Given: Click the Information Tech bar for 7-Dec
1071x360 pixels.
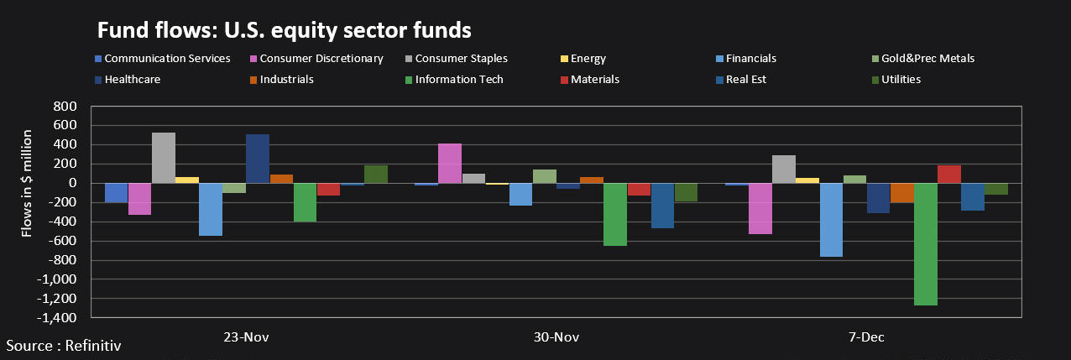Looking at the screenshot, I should coord(925,244).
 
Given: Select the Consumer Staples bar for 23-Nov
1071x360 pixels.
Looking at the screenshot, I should coord(163,158).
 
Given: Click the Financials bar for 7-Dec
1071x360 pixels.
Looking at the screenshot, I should coord(831,220).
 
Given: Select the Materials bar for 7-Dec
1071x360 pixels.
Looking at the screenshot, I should coord(948,175).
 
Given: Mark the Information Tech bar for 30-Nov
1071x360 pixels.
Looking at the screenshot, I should coord(615,214).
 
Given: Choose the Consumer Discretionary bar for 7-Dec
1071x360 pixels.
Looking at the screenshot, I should coord(760,208).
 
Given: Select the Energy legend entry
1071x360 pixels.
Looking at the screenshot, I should coord(588,59).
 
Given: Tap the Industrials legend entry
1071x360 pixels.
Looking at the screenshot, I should coord(286,80).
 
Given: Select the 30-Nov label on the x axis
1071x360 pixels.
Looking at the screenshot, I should coord(556,337).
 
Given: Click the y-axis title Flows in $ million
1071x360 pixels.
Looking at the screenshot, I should coord(28,183).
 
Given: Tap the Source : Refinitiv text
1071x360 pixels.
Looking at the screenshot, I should coord(58,345).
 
